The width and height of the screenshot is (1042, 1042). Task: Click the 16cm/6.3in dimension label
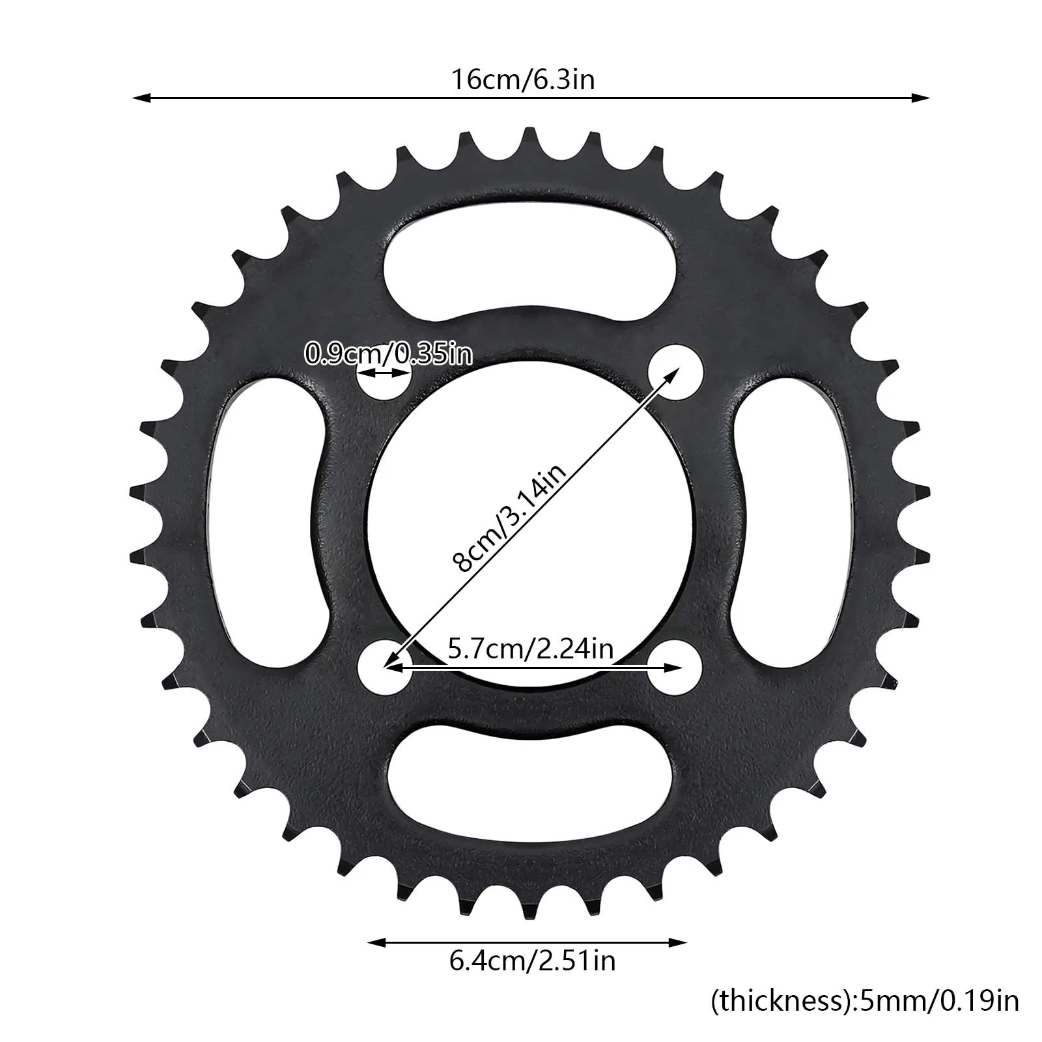click(x=524, y=80)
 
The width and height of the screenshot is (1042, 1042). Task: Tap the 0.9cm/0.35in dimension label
click(x=389, y=355)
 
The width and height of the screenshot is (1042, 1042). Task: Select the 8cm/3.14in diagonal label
click(x=511, y=517)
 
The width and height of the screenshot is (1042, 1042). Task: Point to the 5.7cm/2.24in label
click(x=531, y=649)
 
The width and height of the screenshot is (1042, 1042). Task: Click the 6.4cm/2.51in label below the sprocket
click(x=532, y=961)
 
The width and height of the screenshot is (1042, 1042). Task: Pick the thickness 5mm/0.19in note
click(x=864, y=1001)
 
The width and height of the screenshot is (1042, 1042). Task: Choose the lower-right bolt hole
click(x=675, y=668)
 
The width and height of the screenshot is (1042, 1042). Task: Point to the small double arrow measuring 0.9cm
click(x=384, y=374)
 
